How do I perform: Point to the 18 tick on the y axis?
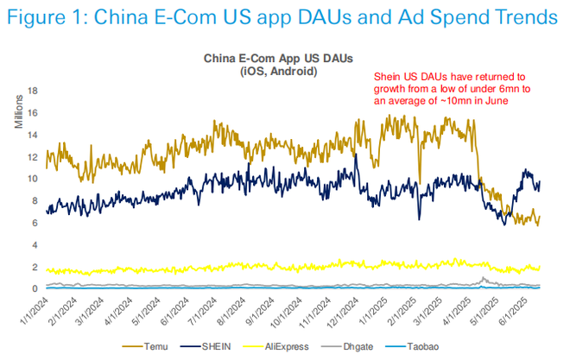click(x=33, y=91)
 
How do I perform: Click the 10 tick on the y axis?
click(x=33, y=179)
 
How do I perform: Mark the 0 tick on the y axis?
click(x=35, y=288)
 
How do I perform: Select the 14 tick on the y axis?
click(x=33, y=135)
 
